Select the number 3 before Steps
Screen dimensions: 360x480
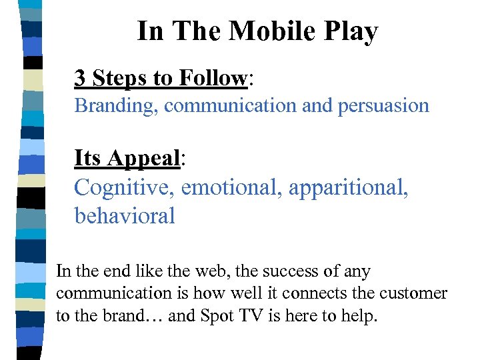click(80, 78)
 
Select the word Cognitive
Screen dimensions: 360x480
click(125, 188)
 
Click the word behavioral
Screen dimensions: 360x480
click(125, 215)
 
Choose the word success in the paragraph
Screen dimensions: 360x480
click(305, 271)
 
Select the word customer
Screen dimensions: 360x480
click(416, 293)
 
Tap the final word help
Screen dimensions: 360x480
click(361, 315)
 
